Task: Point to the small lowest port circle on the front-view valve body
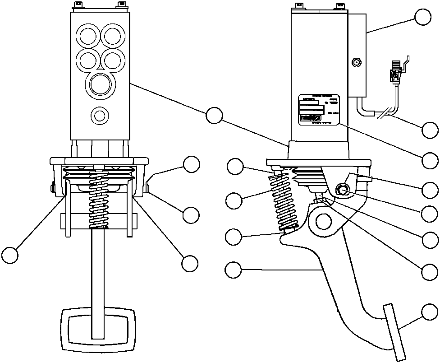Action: click(x=99, y=115)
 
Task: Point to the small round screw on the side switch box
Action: click(x=357, y=63)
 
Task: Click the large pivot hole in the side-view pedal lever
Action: click(x=324, y=221)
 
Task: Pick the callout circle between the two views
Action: click(x=214, y=116)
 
